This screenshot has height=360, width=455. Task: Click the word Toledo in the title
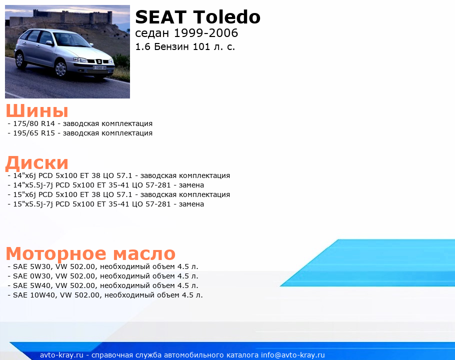(x=226, y=17)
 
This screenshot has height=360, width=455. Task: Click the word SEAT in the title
(x=160, y=17)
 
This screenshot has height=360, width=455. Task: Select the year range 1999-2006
(x=205, y=33)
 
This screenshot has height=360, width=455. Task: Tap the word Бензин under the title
(x=171, y=46)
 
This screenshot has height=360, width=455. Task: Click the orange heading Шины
(x=37, y=110)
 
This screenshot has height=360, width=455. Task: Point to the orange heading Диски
(x=37, y=162)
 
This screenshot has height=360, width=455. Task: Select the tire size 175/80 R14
(x=34, y=123)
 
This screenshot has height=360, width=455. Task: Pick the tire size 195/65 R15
(x=34, y=133)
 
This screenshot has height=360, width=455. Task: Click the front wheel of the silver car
(x=60, y=68)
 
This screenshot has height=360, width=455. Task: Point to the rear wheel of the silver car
(x=19, y=60)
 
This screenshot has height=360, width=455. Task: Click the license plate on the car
(x=99, y=67)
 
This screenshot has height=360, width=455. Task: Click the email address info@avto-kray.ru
(x=293, y=355)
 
